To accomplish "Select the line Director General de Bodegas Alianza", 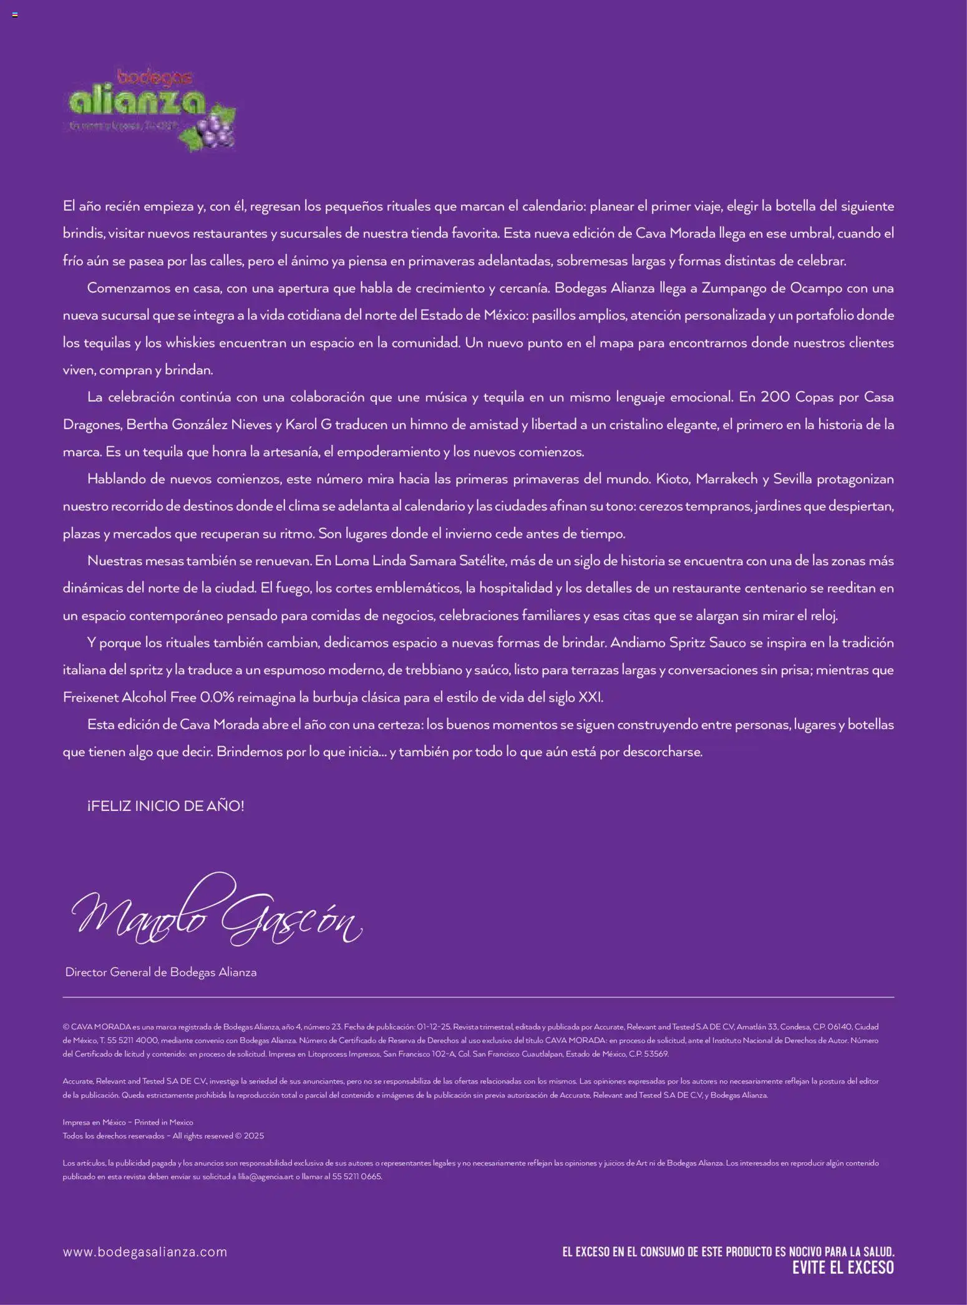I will click(161, 972).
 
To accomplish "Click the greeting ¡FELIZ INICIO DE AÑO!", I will click(166, 806).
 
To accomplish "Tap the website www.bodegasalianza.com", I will click(145, 1252).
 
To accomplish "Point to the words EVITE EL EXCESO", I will click(843, 1268).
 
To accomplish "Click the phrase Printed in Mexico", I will click(164, 1122).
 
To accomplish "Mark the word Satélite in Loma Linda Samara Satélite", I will click(482, 561).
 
